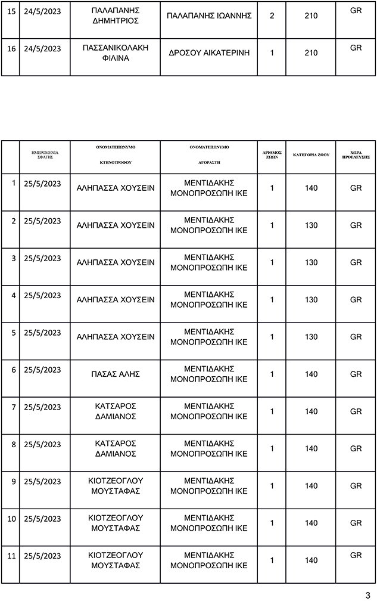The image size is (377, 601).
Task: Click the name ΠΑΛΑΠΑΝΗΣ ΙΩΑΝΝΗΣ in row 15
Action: pyautogui.click(x=208, y=16)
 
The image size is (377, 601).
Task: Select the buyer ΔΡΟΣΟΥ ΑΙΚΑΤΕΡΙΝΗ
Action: pyautogui.click(x=208, y=53)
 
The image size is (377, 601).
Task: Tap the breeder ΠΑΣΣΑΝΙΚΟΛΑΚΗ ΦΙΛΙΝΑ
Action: pyautogui.click(x=116, y=53)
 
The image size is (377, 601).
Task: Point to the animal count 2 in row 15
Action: pyautogui.click(x=272, y=16)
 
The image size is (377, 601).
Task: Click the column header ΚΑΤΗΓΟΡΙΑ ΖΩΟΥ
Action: pyautogui.click(x=311, y=154)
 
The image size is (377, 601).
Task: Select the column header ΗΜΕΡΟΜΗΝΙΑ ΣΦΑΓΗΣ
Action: pyautogui.click(x=45, y=154)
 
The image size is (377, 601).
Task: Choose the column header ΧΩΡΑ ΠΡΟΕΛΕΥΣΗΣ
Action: pyautogui.click(x=356, y=154)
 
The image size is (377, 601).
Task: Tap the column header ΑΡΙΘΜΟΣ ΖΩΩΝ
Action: pyautogui.click(x=272, y=154)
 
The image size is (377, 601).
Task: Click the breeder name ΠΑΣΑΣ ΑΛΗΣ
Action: pyautogui.click(x=116, y=374)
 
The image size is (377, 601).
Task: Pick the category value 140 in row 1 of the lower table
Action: pyautogui.click(x=311, y=188)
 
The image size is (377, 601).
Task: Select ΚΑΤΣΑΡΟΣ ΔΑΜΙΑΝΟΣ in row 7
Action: pyautogui.click(x=116, y=411)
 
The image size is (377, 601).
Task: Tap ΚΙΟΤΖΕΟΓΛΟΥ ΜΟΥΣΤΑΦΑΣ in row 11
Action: pyautogui.click(x=116, y=560)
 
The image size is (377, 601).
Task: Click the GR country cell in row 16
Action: pyautogui.click(x=356, y=48)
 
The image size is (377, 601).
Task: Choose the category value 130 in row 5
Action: pyautogui.click(x=311, y=337)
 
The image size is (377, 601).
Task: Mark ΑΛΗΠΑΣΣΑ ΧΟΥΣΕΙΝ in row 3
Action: pyautogui.click(x=116, y=262)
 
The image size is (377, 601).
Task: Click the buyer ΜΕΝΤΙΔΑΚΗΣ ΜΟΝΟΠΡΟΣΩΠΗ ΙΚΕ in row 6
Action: pyautogui.click(x=208, y=374)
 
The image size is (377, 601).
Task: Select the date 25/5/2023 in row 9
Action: pyautogui.click(x=42, y=481)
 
